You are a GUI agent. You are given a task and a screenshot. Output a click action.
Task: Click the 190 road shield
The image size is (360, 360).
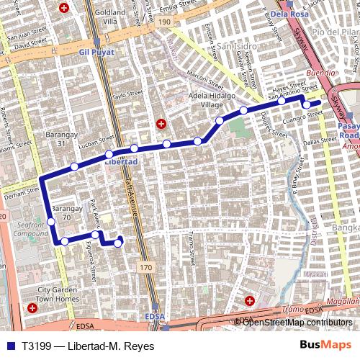pyautogui.click(x=165, y=22)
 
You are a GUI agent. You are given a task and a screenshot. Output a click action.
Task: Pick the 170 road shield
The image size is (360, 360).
pyautogui.click(x=146, y=267)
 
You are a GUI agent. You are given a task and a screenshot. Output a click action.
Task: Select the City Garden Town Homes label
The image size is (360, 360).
pyautogui.click(x=58, y=294)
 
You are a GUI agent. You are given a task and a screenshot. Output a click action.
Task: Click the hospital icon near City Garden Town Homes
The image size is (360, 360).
pyautogui.click(x=32, y=308)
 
